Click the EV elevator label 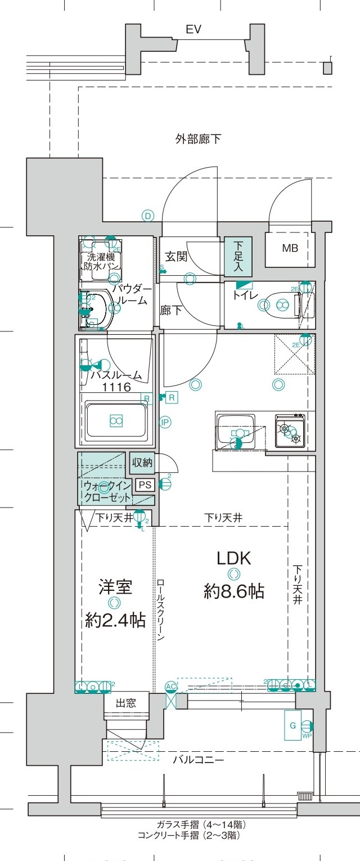click(194, 30)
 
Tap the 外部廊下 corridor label click(197, 139)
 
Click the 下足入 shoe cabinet click(238, 257)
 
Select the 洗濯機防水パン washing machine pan click(99, 261)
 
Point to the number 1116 click(116, 387)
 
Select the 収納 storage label click(141, 463)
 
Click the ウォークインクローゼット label click(107, 491)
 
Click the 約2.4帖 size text click(115, 620)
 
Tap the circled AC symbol click(171, 687)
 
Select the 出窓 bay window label click(125, 703)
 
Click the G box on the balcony click(292, 725)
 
